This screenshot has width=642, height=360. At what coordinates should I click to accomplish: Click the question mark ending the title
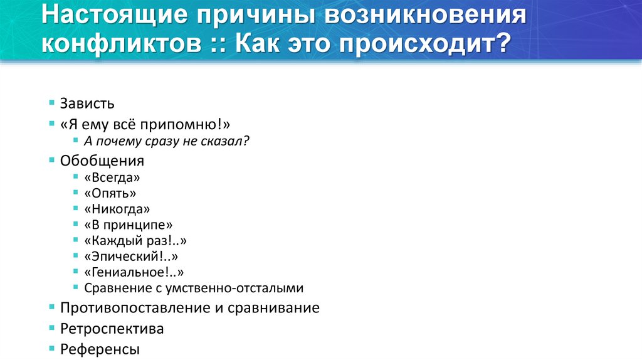[x=503, y=45]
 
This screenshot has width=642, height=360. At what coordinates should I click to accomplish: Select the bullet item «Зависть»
[x=87, y=103]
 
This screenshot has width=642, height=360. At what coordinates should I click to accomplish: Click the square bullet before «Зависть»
[x=51, y=102]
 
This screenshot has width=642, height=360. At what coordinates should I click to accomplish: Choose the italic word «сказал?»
[x=228, y=141]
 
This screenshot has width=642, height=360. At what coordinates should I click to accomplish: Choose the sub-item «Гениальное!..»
[x=134, y=272]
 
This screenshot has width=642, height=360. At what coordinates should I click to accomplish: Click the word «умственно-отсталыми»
[x=239, y=289]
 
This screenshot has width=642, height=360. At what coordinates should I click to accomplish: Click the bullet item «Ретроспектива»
[x=112, y=329]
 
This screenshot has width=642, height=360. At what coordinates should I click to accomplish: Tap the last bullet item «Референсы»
[x=100, y=349]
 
